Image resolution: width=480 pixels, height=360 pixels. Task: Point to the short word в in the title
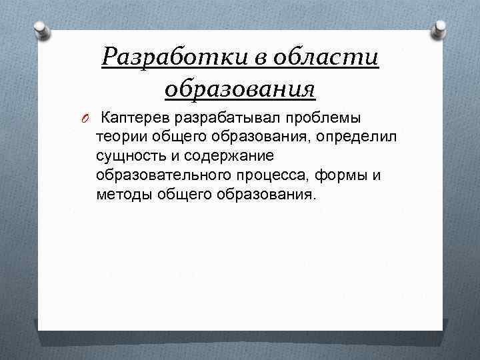[256, 59]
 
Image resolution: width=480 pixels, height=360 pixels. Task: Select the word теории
[120, 137]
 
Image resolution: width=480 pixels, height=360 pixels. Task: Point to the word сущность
[129, 157]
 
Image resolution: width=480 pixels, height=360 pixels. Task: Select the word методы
[123, 195]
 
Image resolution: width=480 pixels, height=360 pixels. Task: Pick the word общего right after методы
[183, 195]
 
